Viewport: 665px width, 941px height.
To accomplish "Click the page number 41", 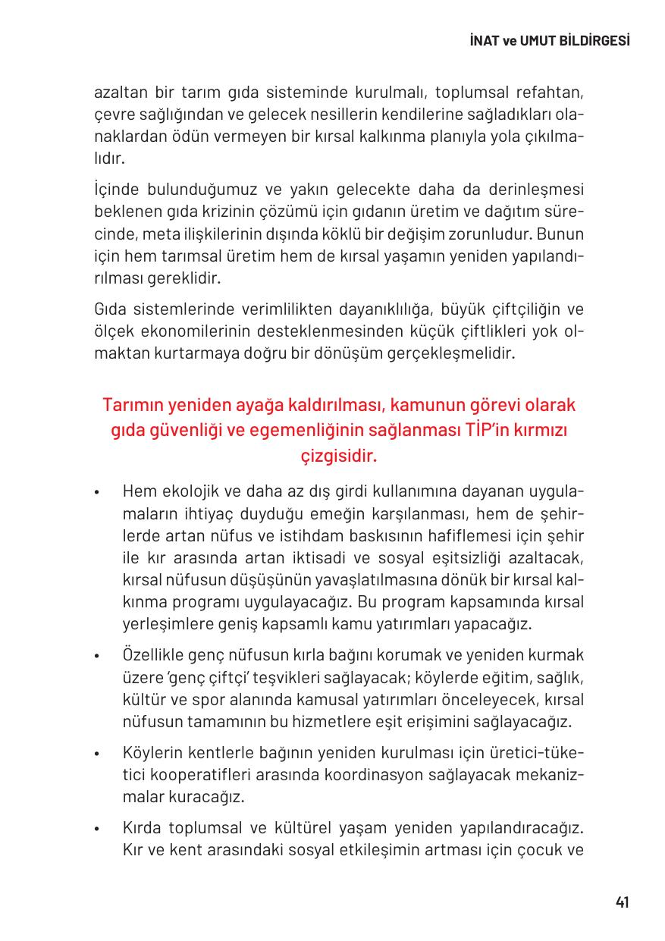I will (622, 902).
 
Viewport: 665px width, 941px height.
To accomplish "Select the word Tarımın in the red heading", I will (130, 405).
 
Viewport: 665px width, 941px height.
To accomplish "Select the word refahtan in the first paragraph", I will (544, 94).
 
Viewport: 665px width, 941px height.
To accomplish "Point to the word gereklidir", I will (177, 278).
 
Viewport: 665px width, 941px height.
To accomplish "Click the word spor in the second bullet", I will (199, 698).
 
